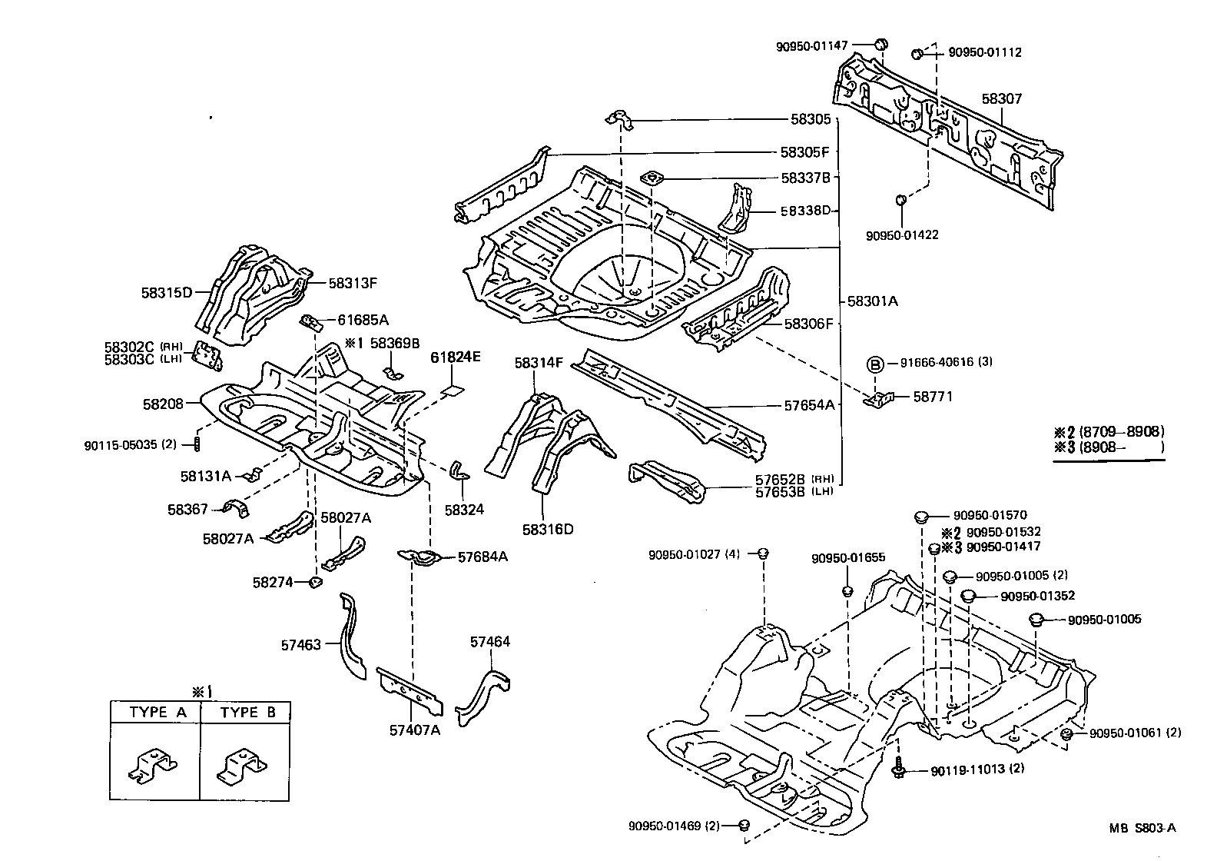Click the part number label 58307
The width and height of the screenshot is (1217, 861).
(x=1002, y=99)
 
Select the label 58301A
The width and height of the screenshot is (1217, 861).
(x=872, y=301)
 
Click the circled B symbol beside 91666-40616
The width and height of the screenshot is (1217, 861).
(x=874, y=363)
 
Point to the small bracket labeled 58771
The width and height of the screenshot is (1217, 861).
(x=880, y=398)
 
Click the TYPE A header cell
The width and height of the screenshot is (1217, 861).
(x=158, y=713)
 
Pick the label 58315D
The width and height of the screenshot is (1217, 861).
(x=165, y=292)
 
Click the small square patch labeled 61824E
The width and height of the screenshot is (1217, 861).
(x=453, y=390)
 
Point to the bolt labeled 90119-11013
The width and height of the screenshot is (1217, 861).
(x=898, y=768)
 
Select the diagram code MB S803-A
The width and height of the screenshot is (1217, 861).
(x=1142, y=829)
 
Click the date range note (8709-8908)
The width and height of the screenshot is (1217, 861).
(x=1121, y=431)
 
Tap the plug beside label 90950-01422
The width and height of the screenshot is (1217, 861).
(x=901, y=201)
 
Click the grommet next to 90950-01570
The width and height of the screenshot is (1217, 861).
(x=921, y=517)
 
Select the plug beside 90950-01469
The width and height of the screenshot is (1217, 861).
(x=743, y=826)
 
